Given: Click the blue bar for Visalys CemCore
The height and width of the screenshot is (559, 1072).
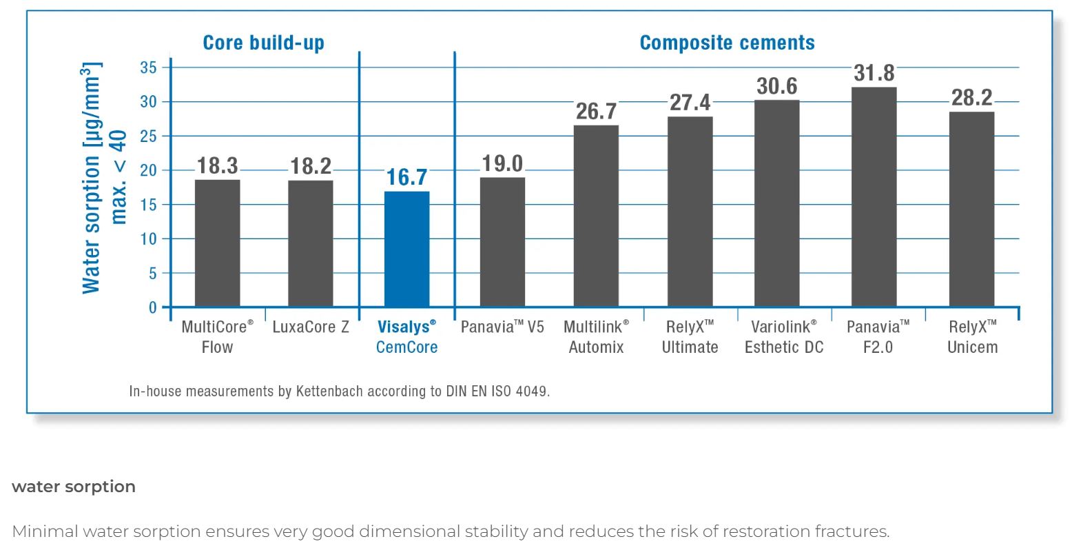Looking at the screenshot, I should (406, 249).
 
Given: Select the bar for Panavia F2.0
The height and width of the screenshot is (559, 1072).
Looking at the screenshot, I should (874, 197).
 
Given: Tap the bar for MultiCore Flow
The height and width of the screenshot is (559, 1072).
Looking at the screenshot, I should (217, 243).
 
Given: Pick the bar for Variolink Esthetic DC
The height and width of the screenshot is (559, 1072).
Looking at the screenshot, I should (776, 203).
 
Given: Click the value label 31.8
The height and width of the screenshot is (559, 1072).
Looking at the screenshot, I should (874, 73).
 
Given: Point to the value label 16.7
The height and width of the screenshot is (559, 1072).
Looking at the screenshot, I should (406, 177).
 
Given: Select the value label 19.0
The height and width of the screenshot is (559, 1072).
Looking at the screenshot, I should (502, 164).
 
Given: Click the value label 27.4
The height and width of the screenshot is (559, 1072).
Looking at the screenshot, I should (690, 103).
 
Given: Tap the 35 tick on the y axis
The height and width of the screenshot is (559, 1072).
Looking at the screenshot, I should (148, 68).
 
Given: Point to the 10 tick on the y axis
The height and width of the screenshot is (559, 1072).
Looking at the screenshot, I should (148, 239).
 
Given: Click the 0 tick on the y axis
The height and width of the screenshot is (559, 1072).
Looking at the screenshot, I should (152, 307).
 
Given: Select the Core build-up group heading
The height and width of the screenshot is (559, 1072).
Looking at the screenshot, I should (263, 43).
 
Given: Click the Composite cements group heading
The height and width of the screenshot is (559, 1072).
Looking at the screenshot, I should (727, 43).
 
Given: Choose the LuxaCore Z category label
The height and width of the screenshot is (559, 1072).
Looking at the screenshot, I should (311, 327).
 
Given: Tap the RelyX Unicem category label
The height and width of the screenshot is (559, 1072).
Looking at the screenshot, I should (972, 336).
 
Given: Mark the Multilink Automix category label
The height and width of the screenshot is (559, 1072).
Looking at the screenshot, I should (596, 336).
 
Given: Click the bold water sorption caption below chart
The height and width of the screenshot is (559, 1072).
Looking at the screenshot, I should (74, 487).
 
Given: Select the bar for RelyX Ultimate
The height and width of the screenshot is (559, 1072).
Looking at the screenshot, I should (690, 212).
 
